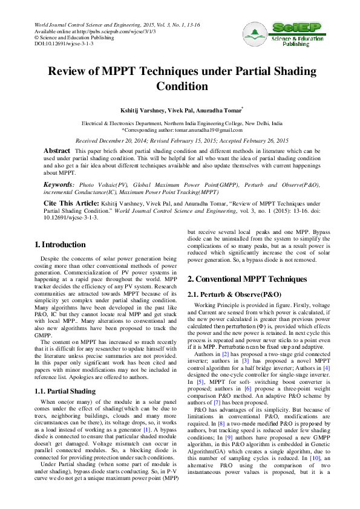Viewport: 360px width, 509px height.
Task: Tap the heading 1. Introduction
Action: click(x=60, y=245)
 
